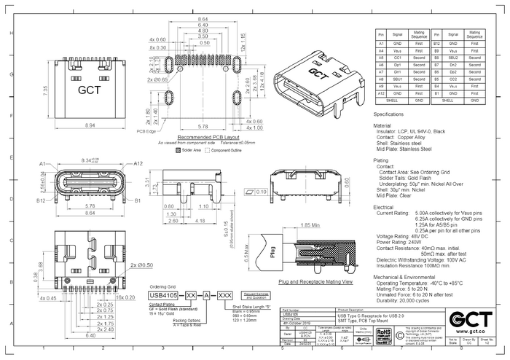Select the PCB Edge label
(148, 131)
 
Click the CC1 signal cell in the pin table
(396, 57)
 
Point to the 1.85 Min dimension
(310, 224)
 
